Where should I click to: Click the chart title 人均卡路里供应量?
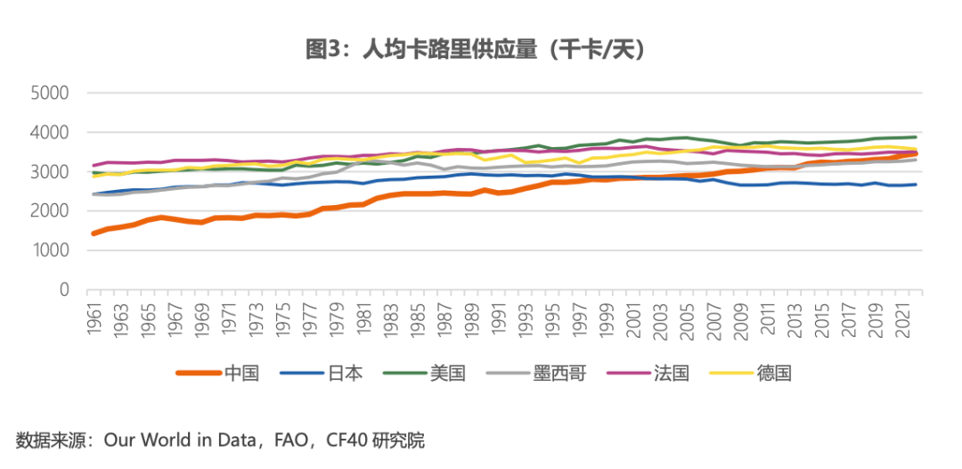click(480, 50)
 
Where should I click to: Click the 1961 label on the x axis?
click(94, 319)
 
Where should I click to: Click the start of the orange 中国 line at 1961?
click(94, 234)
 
